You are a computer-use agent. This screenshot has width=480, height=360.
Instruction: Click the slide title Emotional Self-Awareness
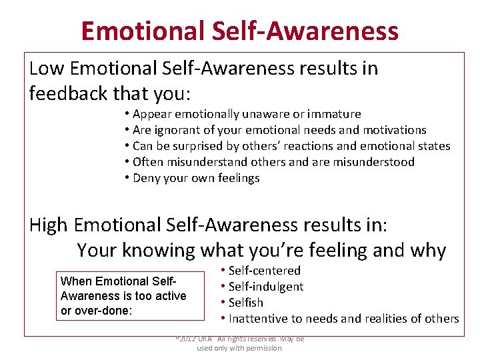(x=239, y=31)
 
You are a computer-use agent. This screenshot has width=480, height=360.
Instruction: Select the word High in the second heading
(x=49, y=225)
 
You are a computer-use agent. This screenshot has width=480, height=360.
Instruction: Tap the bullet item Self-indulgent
(x=266, y=287)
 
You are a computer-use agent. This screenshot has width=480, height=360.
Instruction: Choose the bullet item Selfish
(x=246, y=303)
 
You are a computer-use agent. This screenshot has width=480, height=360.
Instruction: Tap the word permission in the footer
(x=265, y=348)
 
